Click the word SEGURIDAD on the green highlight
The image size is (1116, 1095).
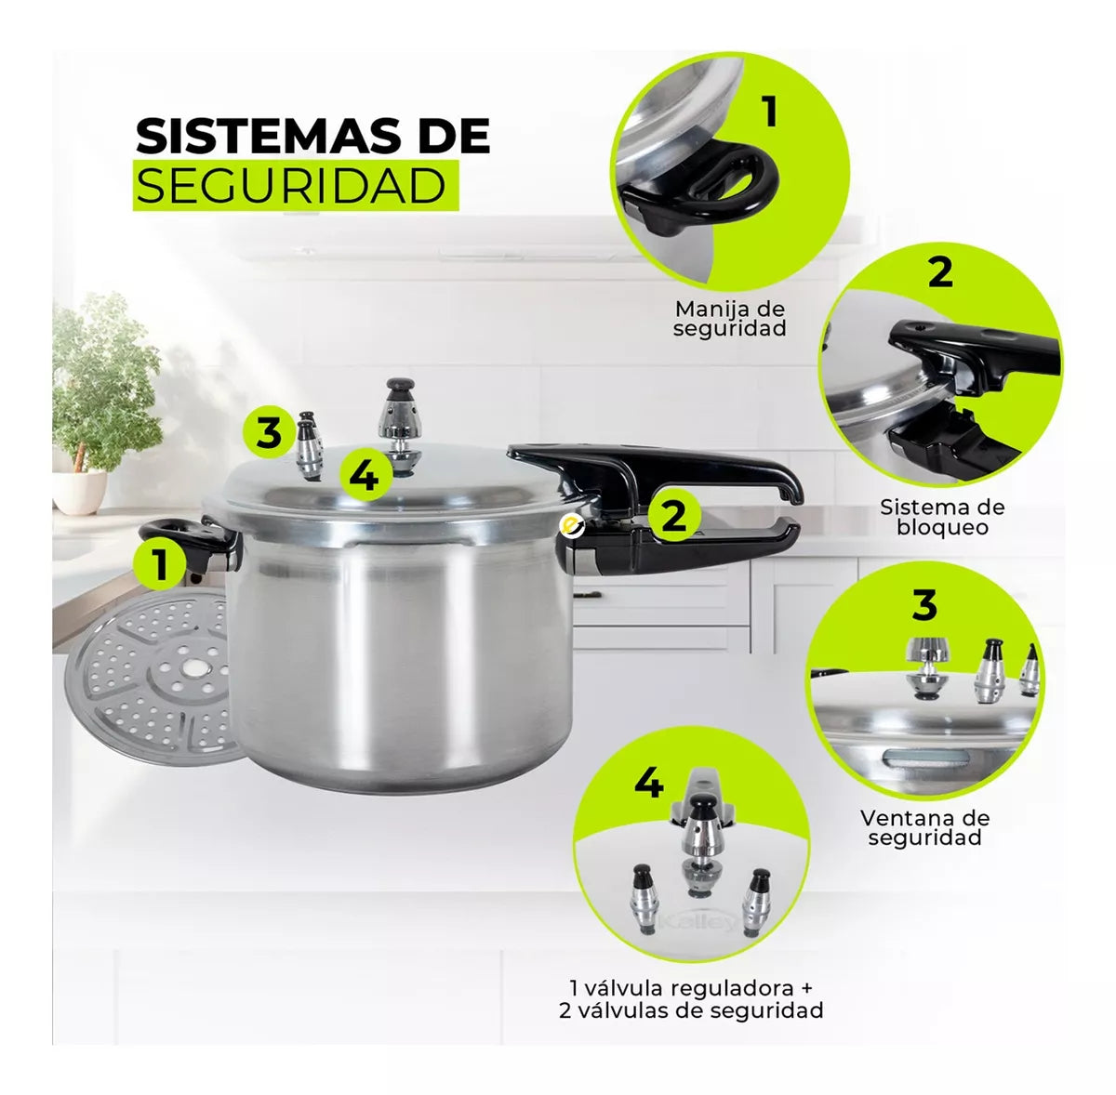point(291,185)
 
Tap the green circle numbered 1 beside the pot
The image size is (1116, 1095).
point(160,564)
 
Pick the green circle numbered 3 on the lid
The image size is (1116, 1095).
point(269,431)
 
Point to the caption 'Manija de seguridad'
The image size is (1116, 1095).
point(730,319)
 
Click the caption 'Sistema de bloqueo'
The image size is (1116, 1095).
point(942,517)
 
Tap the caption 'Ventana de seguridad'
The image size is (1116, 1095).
point(924,828)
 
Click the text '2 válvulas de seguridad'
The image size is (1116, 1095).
point(691,1010)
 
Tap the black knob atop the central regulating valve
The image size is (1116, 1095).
point(401,385)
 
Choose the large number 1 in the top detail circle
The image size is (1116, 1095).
point(769,112)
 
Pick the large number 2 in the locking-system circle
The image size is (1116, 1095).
point(940,271)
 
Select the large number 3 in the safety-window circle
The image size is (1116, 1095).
point(924,604)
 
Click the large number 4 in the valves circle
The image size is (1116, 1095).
point(648,784)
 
